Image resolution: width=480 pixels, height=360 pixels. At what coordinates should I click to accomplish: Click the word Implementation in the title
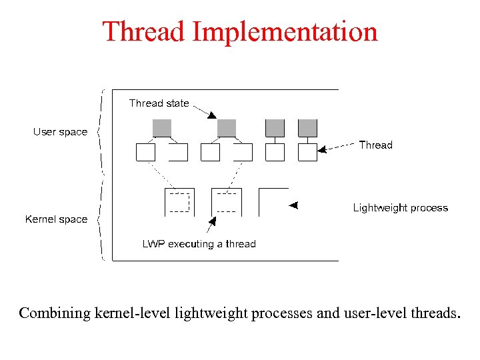[286, 32]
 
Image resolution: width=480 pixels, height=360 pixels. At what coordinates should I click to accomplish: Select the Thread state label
[159, 103]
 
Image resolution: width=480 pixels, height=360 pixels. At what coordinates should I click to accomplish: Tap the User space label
[60, 132]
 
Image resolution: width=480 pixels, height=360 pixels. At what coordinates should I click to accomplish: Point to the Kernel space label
[56, 219]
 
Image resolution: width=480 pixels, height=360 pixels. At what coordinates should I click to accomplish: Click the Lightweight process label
[400, 208]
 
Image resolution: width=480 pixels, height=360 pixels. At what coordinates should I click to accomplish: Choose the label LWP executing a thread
[199, 244]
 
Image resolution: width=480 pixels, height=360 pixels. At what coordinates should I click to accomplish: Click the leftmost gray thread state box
[162, 128]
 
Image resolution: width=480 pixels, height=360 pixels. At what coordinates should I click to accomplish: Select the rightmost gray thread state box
[307, 128]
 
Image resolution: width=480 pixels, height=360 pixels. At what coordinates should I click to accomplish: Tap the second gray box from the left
[227, 128]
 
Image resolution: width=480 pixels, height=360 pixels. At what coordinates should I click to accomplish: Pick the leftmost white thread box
[145, 153]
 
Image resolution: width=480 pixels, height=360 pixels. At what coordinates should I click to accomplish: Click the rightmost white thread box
[307, 153]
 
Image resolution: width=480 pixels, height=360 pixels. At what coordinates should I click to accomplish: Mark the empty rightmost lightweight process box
[273, 202]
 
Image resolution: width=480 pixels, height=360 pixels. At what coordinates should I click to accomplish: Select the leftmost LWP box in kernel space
[179, 202]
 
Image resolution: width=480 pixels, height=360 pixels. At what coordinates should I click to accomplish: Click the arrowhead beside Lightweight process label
[293, 205]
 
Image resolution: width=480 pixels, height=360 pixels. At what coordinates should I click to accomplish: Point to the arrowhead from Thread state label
[211, 115]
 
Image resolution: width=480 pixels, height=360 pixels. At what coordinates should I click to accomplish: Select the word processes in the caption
[281, 313]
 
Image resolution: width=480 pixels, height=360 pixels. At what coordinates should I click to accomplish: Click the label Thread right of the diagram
[375, 145]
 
